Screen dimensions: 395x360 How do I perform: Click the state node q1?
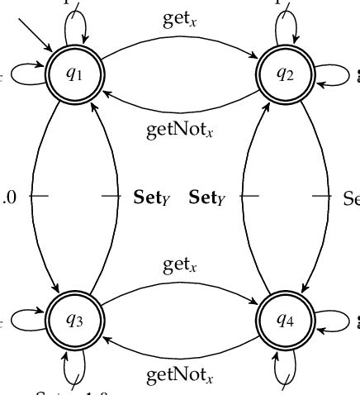[x=74, y=75]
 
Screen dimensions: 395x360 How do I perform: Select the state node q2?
[x=285, y=75]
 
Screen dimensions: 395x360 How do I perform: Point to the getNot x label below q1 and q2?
[x=179, y=130]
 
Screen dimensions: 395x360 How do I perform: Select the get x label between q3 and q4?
[x=179, y=265]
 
